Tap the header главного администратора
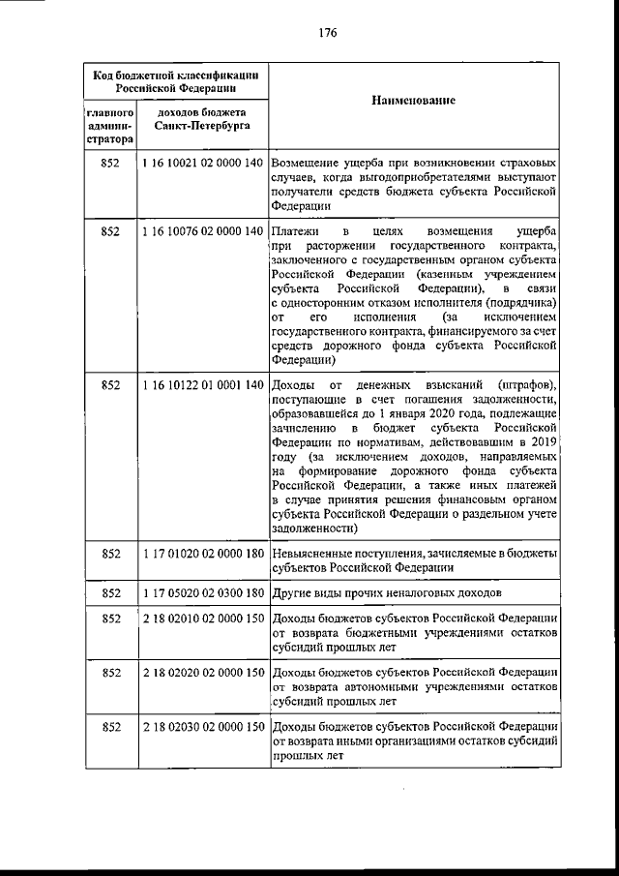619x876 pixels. click(x=108, y=126)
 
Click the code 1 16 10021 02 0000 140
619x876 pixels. click(x=202, y=164)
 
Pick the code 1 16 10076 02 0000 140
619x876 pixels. click(x=202, y=233)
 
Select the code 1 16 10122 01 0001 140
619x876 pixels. click(x=202, y=385)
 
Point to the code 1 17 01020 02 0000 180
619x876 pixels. click(x=202, y=553)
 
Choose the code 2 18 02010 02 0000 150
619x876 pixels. click(x=202, y=619)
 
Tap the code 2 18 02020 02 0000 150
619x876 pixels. click(x=202, y=672)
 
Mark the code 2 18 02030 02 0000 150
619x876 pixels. click(x=202, y=726)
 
